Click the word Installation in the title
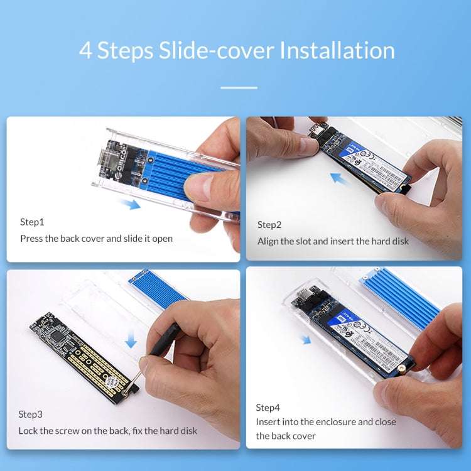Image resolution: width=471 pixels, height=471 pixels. click(x=337, y=51)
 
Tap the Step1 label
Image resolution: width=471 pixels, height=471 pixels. click(x=33, y=222)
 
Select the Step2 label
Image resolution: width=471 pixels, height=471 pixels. click(x=269, y=225)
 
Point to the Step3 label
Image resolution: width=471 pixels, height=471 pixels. click(x=31, y=414)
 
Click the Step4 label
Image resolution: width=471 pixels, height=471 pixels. click(x=268, y=408)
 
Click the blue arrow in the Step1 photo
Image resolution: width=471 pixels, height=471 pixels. click(x=129, y=203)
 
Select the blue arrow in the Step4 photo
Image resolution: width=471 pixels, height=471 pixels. click(x=305, y=340)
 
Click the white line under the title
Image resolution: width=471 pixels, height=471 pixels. click(x=239, y=88)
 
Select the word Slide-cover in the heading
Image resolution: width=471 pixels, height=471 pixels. click(x=208, y=51)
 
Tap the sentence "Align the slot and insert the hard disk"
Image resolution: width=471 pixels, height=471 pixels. click(x=333, y=241)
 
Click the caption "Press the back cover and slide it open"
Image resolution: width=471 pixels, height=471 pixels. click(x=96, y=239)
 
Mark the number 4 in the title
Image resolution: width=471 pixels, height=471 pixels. click(x=85, y=51)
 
